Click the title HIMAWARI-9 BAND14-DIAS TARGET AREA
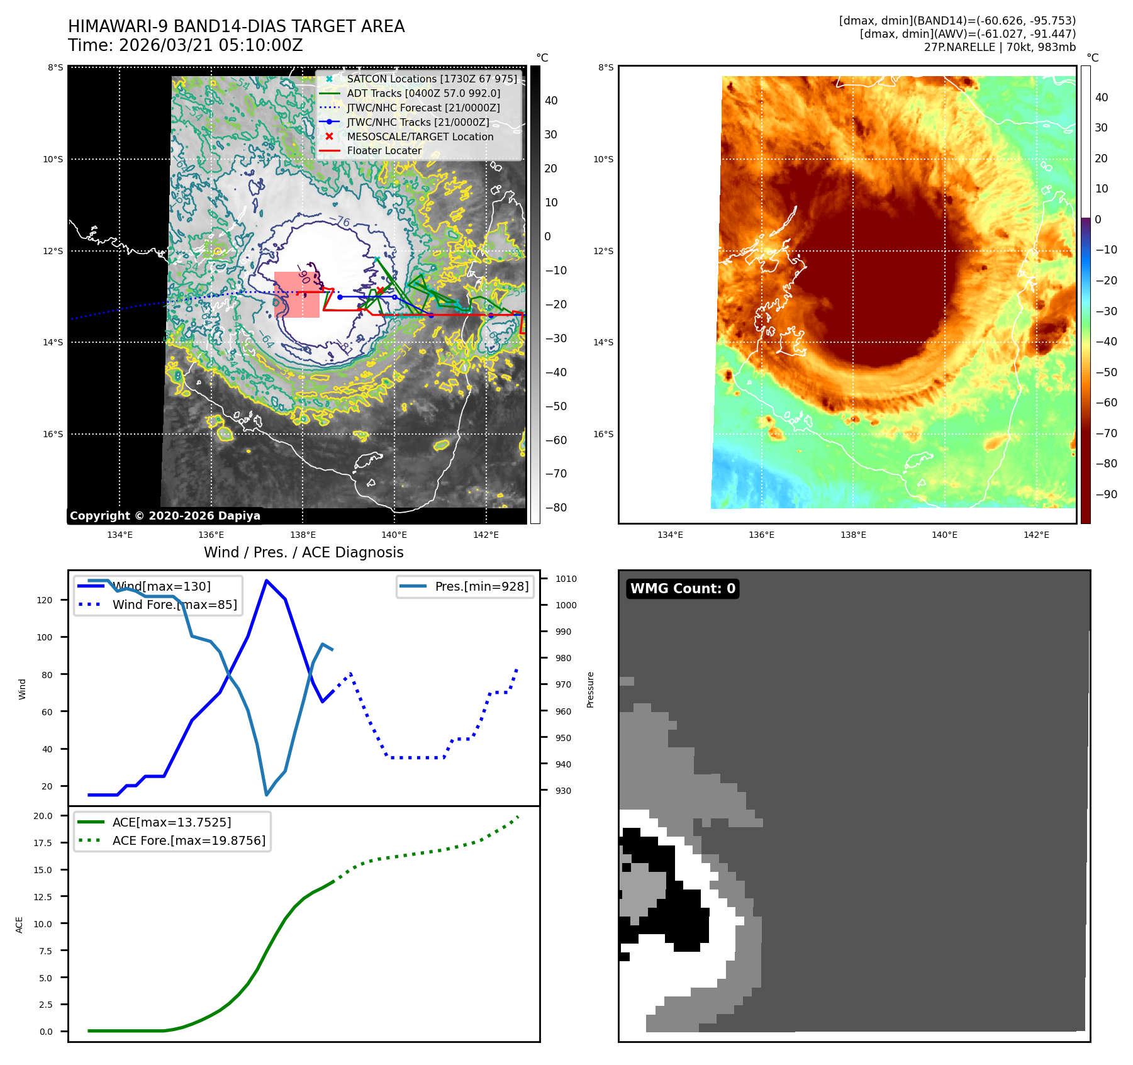click(x=236, y=26)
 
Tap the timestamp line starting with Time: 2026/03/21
click(x=185, y=46)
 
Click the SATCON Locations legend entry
click(x=432, y=79)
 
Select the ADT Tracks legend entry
click(x=423, y=94)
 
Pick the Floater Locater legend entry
click(x=384, y=151)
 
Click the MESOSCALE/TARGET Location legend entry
click(x=420, y=137)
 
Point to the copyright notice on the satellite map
click(x=165, y=516)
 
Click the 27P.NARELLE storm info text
click(x=1000, y=47)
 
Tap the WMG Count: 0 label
click(x=683, y=589)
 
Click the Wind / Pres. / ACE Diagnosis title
click(x=303, y=552)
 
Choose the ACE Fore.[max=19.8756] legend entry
click(x=189, y=841)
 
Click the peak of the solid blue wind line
click(x=267, y=581)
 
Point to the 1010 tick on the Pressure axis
click(x=566, y=579)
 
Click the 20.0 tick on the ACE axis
click(x=43, y=816)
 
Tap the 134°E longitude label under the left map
click(x=120, y=535)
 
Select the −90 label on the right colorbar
click(x=1106, y=494)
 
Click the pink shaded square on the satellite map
click(x=297, y=294)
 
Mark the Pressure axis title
click(x=590, y=689)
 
